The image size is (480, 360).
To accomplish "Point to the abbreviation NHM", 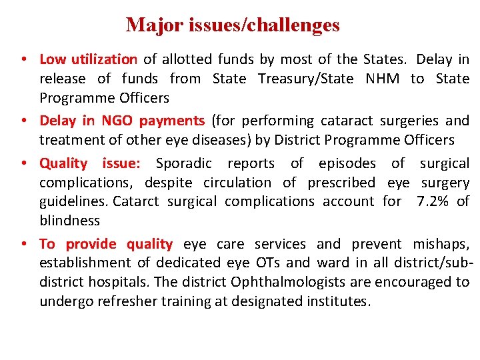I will [x=383, y=79].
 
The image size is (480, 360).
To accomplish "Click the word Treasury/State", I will [x=283, y=79].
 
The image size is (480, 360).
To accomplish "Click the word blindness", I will [x=69, y=220].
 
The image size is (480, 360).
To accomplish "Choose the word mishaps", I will [x=441, y=244].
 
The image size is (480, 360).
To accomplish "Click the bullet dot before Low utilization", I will [x=23, y=60].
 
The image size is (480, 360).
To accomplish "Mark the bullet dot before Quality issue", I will [x=23, y=164].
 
